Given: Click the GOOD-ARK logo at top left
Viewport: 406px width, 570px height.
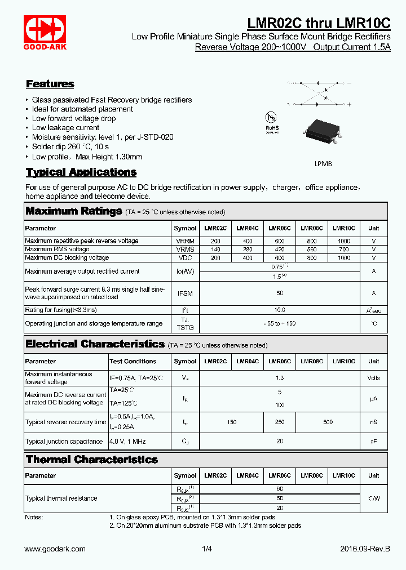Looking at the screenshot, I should tap(45, 32).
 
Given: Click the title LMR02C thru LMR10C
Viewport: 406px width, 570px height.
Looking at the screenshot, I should tap(319, 23).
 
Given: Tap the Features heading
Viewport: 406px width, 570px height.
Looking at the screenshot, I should tap(50, 84).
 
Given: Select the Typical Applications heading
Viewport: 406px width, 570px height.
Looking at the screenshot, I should tap(81, 172).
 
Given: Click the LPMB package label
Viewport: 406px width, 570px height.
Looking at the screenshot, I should tap(323, 163).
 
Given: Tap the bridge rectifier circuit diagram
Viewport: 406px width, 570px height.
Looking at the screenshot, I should tap(319, 93).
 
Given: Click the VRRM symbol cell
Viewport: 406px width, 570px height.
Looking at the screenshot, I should tap(185, 241).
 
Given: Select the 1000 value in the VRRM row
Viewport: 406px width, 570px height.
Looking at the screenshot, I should tap(344, 241).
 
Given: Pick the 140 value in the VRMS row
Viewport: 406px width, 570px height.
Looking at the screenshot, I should tap(215, 249).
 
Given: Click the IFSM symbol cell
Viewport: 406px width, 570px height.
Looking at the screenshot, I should tap(185, 293).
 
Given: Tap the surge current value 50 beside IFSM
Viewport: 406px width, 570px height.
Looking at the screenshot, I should tap(280, 293).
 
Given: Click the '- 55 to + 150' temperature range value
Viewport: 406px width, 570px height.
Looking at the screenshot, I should tap(280, 323).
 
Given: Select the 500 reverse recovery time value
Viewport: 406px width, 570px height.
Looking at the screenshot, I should tap(328, 422).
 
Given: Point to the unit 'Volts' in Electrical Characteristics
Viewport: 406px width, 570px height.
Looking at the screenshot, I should tap(374, 378).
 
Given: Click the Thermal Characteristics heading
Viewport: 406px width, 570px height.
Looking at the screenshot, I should tap(92, 460).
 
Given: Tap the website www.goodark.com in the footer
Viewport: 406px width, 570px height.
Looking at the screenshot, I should tap(55, 549).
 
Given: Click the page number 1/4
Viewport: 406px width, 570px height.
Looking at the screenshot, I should tap(206, 549).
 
